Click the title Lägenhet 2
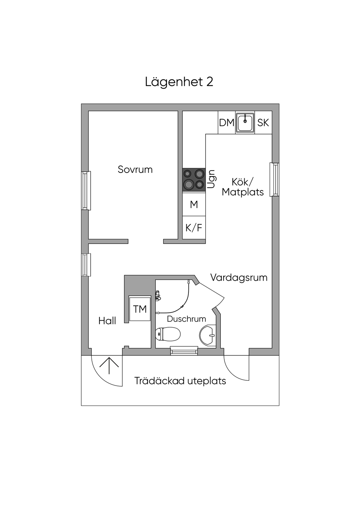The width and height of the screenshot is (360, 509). (x=179, y=82)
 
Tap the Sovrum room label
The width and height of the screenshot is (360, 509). (x=135, y=169)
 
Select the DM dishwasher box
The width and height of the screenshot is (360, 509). (x=226, y=123)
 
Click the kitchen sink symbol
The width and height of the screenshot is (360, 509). (x=245, y=123)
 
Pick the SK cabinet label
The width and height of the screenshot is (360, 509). (x=263, y=123)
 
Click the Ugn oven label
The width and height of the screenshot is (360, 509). (x=211, y=179)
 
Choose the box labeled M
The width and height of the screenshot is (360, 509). (x=194, y=204)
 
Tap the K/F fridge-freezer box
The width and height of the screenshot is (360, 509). (x=194, y=228)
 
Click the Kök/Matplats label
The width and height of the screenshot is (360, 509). (x=243, y=187)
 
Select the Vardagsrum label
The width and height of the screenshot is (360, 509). (x=239, y=278)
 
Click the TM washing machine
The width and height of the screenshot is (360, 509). (x=140, y=309)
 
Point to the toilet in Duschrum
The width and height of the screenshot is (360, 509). (x=168, y=334)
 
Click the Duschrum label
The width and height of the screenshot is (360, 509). (x=186, y=319)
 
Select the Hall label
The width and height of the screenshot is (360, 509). (x=107, y=321)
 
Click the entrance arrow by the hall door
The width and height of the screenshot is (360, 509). (x=109, y=365)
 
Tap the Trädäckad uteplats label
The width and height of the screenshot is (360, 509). (x=180, y=381)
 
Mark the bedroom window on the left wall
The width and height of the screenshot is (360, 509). (x=86, y=191)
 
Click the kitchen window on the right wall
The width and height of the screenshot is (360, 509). (x=275, y=179)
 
